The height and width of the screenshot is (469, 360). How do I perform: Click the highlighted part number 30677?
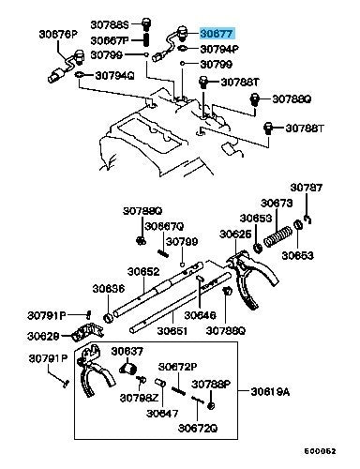pos(217,34)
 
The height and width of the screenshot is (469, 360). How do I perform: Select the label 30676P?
pos(58,34)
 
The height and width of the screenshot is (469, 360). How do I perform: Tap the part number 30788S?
pos(110,24)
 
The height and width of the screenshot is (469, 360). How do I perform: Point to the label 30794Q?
pos(114,76)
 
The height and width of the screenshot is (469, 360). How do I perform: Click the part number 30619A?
pos(270,391)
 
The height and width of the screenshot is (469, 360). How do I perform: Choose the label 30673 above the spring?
pos(277,204)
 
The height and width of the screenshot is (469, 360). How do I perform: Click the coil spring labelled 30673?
pos(277,236)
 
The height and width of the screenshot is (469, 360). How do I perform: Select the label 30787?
pos(307,188)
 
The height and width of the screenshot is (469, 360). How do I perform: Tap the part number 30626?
pos(235,234)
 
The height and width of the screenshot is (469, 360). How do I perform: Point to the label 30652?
pos(143,271)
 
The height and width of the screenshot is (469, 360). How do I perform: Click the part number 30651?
pos(172,330)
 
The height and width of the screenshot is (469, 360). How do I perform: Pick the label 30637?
pos(127,351)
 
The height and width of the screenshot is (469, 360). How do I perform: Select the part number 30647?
pos(162,414)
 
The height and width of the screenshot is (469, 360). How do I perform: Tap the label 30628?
pos(43,336)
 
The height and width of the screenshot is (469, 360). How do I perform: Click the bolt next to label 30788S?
pos(146,23)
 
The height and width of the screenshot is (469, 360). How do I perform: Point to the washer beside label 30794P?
pos(182,49)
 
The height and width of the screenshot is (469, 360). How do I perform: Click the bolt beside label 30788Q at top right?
pos(255,99)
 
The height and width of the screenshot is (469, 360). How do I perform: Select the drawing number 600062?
pos(321,451)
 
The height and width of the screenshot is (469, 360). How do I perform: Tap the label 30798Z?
pos(140,398)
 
